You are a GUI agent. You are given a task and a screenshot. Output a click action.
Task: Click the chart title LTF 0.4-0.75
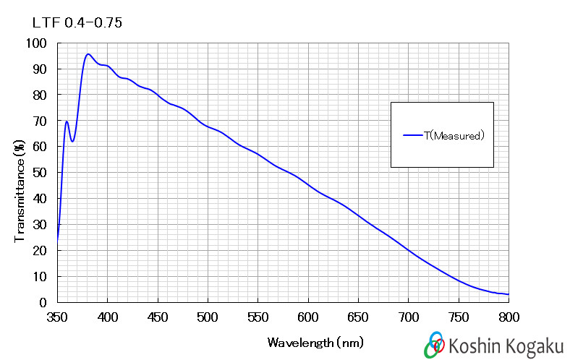[77, 23]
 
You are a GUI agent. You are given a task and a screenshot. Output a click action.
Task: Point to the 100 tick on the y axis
[36, 43]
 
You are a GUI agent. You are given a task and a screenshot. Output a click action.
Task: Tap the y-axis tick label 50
[40, 173]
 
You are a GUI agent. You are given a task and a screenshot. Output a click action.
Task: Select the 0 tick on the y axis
[43, 302]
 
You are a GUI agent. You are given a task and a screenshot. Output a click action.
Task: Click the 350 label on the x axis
[57, 317]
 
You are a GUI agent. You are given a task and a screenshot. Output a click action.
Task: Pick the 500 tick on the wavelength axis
[208, 317]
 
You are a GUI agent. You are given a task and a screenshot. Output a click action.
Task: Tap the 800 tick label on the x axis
[509, 317]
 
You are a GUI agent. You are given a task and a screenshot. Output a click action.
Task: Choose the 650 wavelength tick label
[358, 317]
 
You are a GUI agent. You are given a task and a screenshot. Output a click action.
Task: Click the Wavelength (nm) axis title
[315, 343]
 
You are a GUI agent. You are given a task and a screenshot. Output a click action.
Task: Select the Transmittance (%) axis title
[20, 191]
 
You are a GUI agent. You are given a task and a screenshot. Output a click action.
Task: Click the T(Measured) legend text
[454, 135]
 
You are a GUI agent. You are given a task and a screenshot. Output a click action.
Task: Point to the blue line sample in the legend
[413, 135]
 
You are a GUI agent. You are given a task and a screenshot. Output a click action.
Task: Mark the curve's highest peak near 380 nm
[88, 54]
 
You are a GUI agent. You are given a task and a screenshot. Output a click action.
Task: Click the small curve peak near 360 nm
[67, 121]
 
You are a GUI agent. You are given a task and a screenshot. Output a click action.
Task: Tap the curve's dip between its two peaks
[72, 141]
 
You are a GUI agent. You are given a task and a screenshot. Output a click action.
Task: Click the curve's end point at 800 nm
[509, 294]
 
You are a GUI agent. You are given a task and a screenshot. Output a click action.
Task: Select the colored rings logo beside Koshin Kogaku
[435, 344]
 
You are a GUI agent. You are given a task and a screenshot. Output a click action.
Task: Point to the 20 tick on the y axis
[40, 250]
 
